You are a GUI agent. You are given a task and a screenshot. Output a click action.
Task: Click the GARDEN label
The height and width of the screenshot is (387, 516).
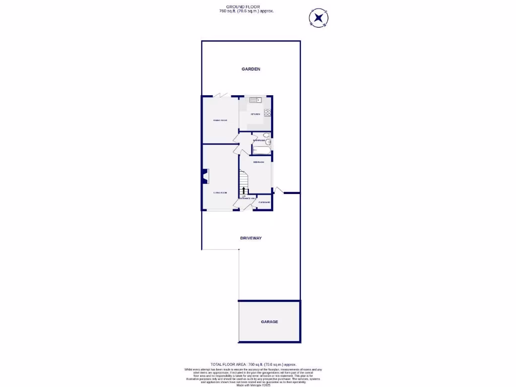[x=250, y=69]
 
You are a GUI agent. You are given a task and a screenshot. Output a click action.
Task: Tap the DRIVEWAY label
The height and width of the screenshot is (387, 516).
[x=250, y=238]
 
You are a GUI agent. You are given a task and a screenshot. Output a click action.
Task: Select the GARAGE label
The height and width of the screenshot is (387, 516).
[x=269, y=321]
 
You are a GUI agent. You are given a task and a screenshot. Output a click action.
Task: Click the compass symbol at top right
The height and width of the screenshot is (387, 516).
[x=318, y=18]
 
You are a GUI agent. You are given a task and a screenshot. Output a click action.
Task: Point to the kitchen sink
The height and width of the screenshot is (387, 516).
[x=253, y=100]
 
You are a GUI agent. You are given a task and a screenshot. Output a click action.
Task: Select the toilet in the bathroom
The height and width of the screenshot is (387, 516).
[x=267, y=136]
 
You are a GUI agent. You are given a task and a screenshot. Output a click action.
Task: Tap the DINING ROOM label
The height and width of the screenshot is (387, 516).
[x=220, y=120]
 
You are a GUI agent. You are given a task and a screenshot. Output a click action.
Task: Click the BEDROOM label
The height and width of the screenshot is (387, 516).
[x=259, y=162]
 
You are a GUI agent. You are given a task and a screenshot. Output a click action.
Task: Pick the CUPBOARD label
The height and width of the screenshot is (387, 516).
[x=265, y=202]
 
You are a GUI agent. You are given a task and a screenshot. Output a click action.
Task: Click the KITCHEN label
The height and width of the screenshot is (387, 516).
[x=255, y=114]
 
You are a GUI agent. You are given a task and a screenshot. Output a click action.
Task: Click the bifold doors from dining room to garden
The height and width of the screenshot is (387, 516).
[x=222, y=95]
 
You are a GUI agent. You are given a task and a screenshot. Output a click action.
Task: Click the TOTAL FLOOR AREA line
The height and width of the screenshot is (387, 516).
[x=253, y=364]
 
